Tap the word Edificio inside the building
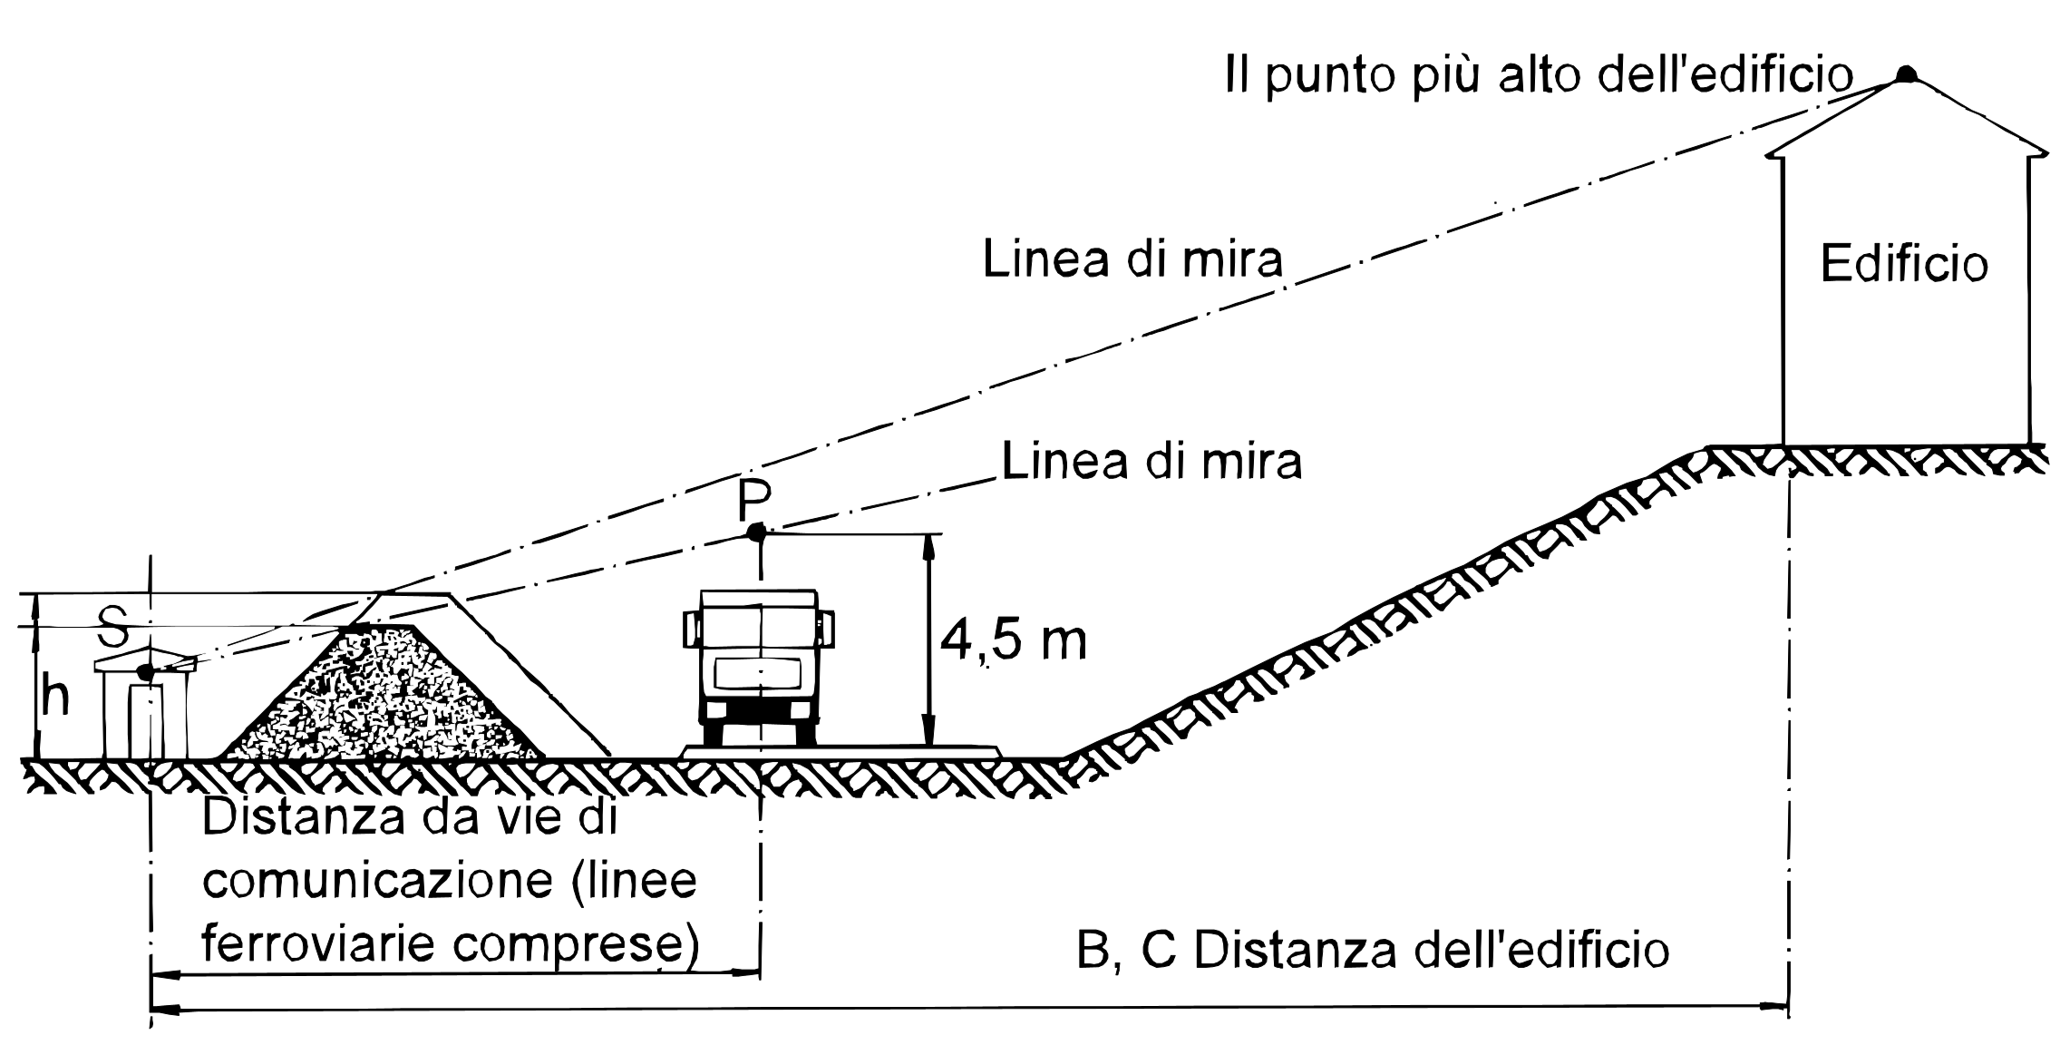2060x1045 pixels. click(x=1904, y=265)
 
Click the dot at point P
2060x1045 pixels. click(x=755, y=532)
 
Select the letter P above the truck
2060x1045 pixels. click(x=754, y=497)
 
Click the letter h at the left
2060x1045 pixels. click(x=55, y=698)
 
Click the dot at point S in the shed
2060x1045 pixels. click(x=144, y=672)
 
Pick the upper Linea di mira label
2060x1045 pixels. click(x=1133, y=259)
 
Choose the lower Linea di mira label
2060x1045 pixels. click(x=1151, y=461)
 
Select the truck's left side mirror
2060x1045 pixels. click(x=689, y=629)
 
